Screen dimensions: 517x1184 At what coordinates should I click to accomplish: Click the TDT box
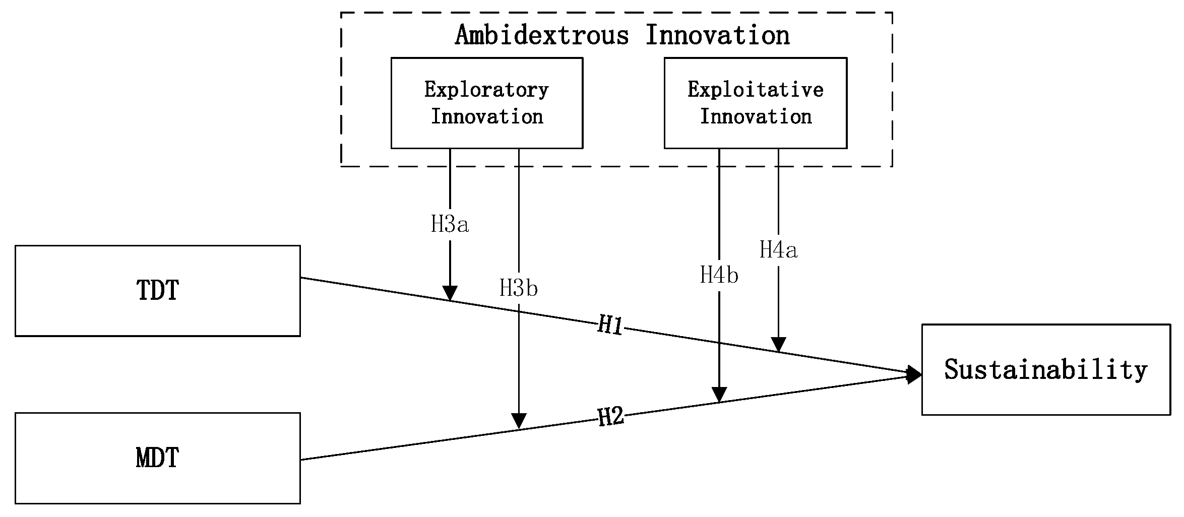point(158,291)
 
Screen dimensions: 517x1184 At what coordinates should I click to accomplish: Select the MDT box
point(158,458)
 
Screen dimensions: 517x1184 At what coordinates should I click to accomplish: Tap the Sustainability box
point(1046,369)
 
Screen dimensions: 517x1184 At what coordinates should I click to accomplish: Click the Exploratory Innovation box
point(487,103)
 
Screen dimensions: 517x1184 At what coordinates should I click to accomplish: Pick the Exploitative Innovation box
point(755,103)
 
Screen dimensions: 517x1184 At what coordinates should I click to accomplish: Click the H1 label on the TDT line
point(610,326)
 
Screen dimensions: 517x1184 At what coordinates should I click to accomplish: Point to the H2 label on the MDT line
point(611,417)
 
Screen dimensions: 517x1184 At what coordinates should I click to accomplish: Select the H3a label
point(450,225)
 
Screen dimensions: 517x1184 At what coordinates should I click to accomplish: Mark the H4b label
point(719,276)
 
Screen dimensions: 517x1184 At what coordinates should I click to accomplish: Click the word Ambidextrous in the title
point(542,35)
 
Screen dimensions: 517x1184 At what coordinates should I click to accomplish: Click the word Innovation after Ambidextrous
point(718,35)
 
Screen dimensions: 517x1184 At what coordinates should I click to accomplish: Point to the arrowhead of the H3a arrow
point(450,293)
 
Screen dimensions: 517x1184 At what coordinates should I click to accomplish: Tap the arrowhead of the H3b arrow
point(519,421)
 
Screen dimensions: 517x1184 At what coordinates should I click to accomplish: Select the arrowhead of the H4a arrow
point(778,344)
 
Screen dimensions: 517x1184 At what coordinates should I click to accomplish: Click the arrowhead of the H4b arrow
point(719,394)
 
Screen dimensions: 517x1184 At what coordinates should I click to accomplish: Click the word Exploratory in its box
point(486,90)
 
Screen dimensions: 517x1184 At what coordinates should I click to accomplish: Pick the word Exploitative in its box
point(756,90)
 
